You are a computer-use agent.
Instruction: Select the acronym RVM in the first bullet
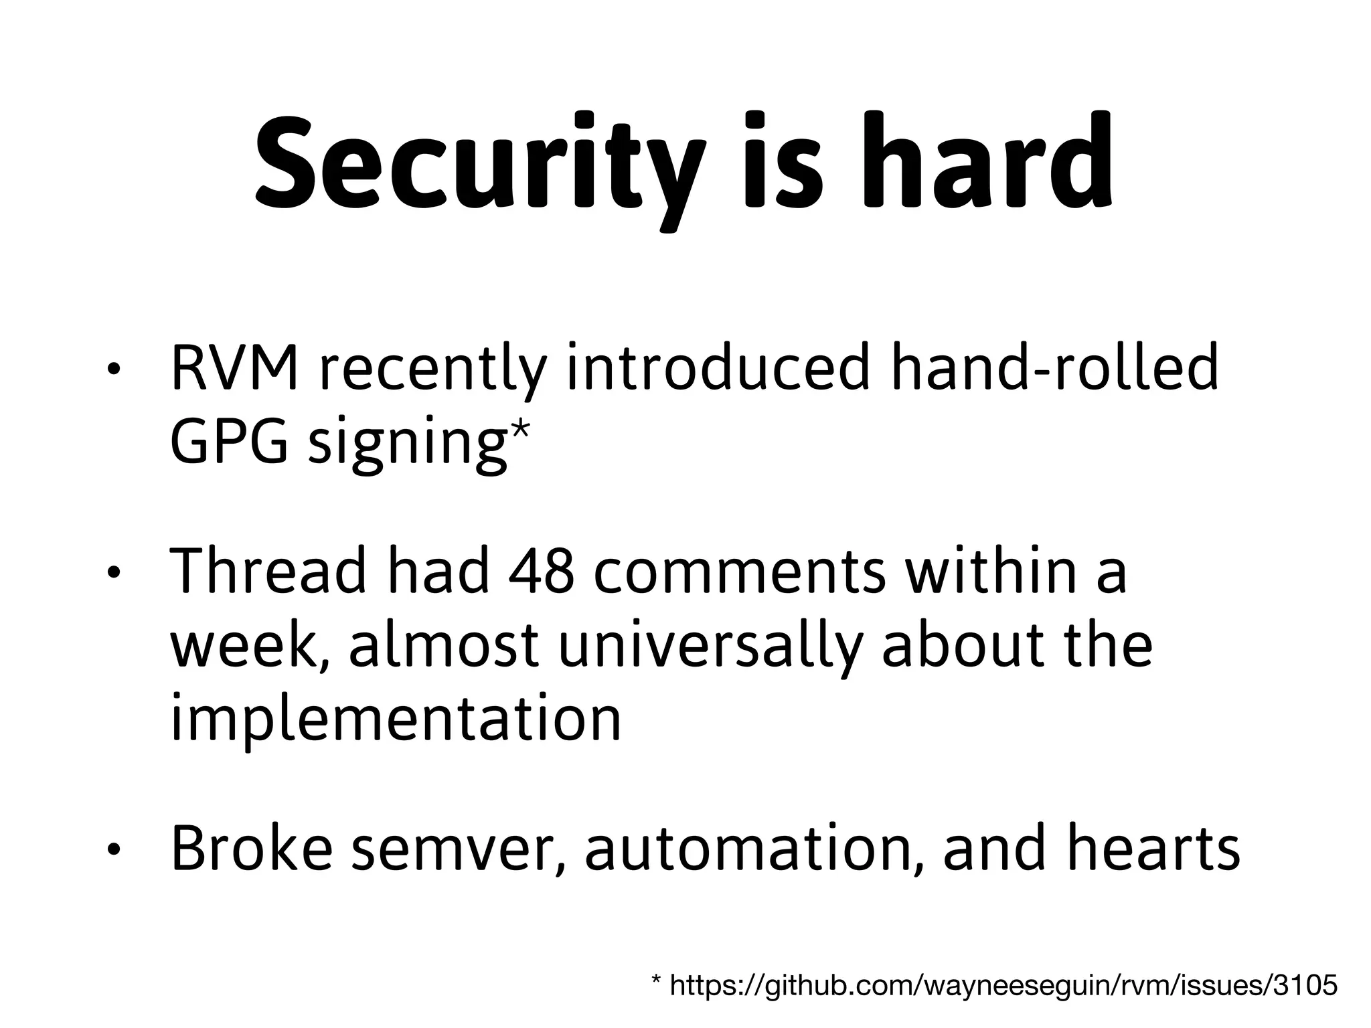pos(234,368)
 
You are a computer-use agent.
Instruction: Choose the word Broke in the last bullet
pos(252,849)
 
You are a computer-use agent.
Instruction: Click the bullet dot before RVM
pos(114,371)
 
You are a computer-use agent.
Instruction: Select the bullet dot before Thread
pos(114,573)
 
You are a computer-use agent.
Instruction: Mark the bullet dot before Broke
pos(114,851)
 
